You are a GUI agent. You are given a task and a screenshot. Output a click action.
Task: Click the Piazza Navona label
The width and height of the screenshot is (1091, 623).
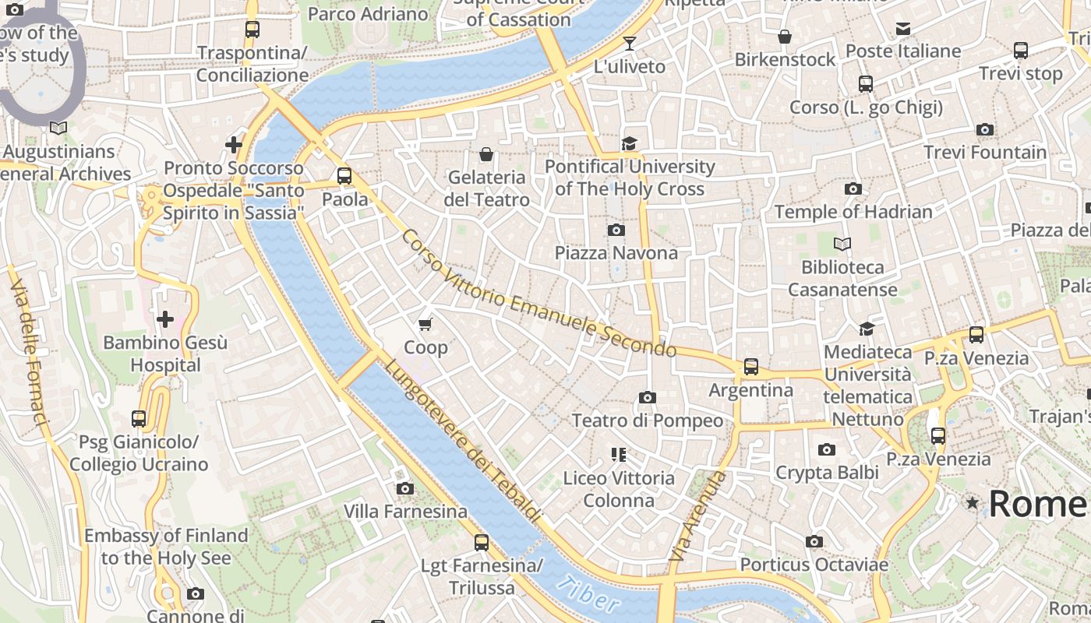616,253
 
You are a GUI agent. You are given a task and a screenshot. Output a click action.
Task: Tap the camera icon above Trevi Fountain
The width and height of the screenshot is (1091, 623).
984,129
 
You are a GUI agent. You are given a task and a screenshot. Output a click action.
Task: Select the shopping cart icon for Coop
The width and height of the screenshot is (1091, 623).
425,324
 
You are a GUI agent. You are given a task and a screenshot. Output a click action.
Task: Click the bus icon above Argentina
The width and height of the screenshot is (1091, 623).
750,366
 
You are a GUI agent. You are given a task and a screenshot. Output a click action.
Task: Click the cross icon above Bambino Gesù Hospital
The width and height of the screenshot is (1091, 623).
165,319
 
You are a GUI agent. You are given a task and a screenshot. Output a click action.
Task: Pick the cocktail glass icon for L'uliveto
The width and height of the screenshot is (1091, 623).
629,44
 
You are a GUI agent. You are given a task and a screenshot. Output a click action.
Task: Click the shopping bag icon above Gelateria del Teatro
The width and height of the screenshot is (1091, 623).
486,154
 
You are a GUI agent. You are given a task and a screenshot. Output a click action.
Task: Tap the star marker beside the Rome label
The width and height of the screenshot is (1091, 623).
972,503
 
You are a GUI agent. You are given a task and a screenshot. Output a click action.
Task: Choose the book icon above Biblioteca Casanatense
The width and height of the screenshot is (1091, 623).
842,244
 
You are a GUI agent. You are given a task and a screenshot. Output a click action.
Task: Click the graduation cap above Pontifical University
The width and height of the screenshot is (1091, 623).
629,143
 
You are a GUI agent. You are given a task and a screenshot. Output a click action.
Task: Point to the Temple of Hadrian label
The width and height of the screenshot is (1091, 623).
853,212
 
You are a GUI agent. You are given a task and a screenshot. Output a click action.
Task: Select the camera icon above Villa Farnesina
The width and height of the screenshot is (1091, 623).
404,488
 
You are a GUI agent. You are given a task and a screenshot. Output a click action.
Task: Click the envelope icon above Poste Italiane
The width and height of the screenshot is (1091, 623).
902,29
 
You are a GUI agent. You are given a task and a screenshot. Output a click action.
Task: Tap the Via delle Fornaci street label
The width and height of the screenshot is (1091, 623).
29,354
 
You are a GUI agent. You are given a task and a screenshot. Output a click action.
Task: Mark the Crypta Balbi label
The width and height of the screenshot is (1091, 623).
827,472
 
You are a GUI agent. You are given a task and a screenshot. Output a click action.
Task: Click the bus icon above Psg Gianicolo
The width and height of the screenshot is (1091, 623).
139,419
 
